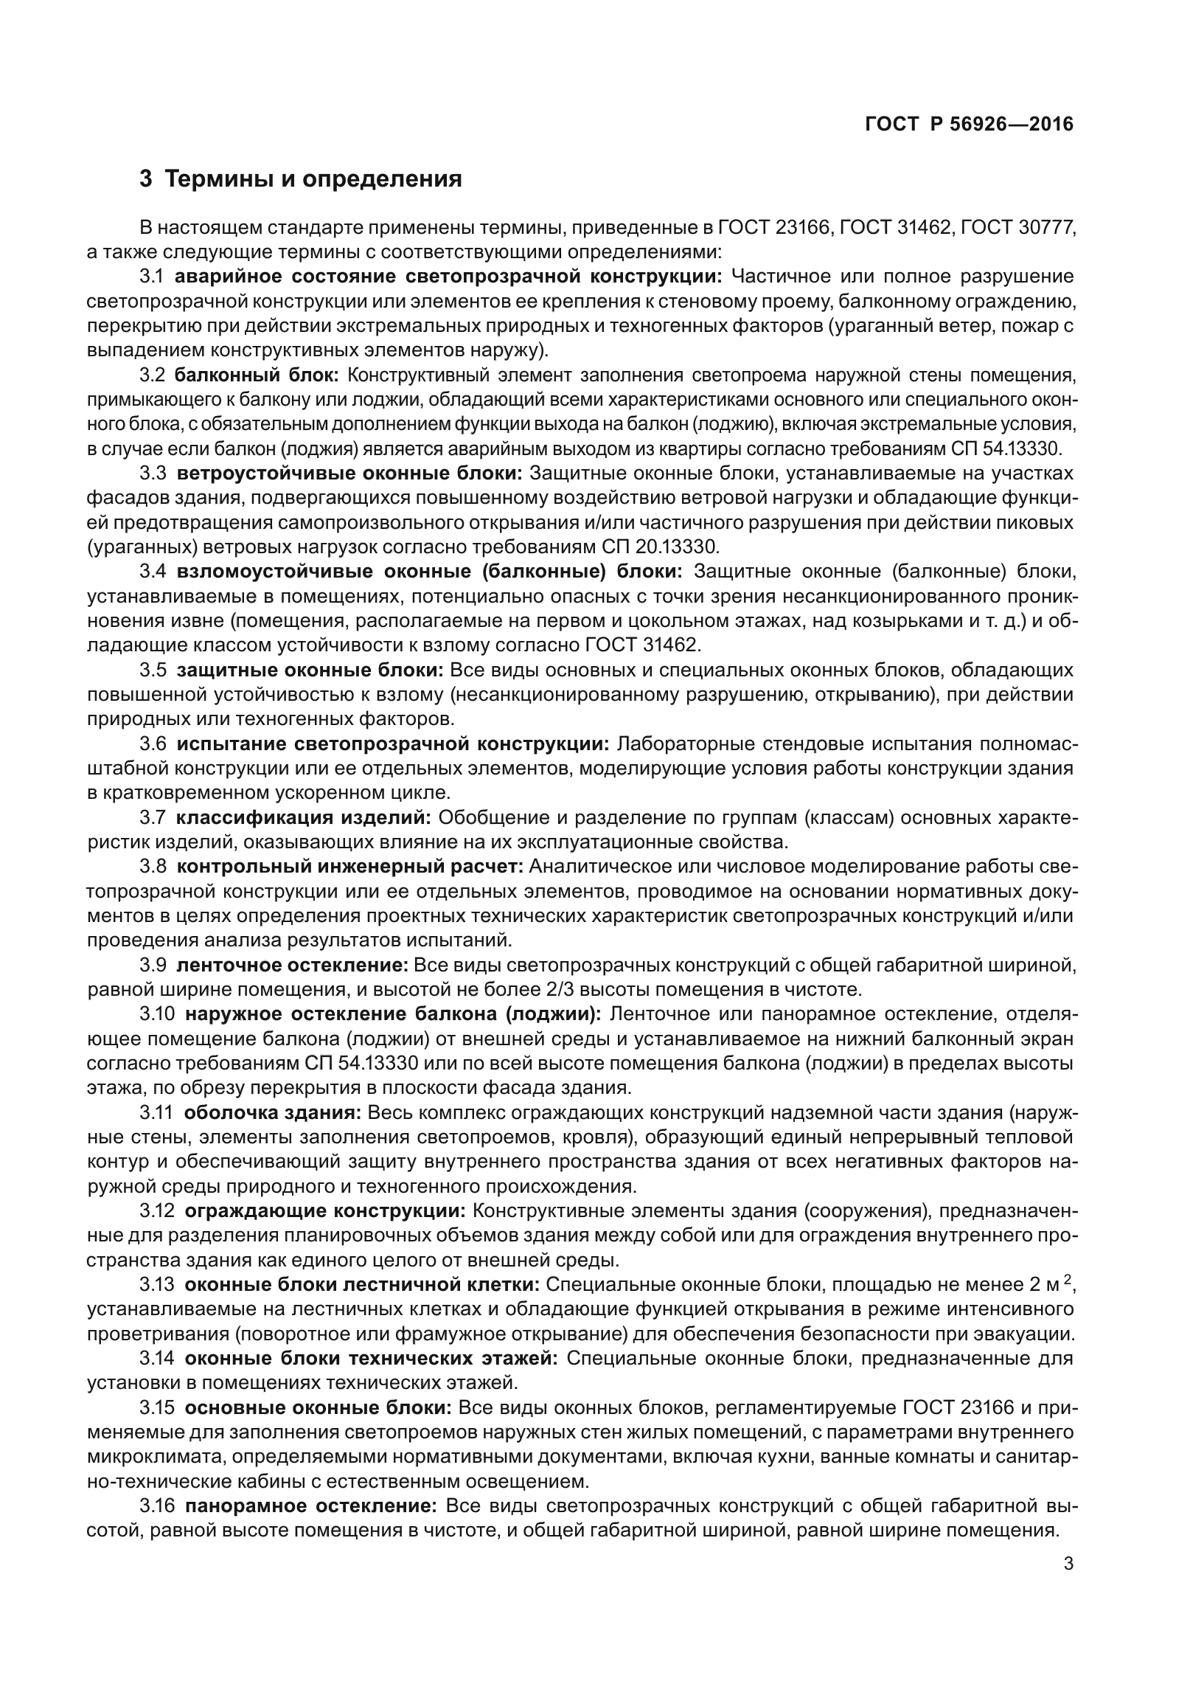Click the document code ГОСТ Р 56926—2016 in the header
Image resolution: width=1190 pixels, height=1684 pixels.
coord(969,125)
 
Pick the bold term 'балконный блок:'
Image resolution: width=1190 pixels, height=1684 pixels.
coord(257,375)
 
